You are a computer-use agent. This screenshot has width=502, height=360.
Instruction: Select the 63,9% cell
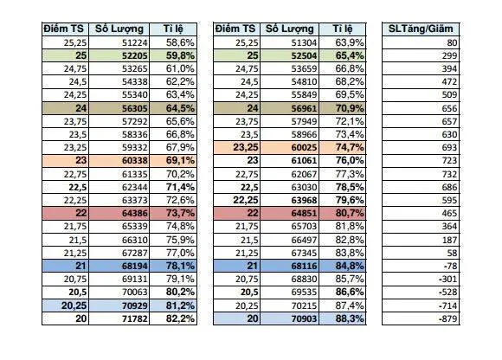click(348, 42)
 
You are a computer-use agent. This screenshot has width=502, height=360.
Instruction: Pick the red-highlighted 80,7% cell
click(348, 213)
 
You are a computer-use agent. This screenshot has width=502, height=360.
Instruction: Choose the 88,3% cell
click(348, 318)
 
